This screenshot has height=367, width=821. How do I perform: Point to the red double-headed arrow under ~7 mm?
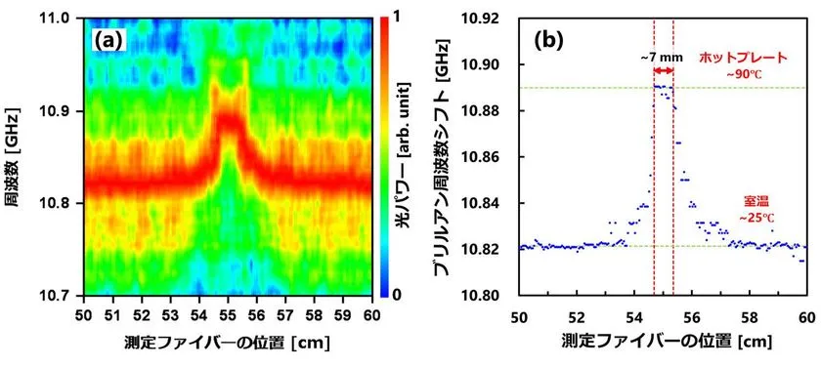pos(664,70)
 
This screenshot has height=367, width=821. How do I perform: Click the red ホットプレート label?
pos(738,59)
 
